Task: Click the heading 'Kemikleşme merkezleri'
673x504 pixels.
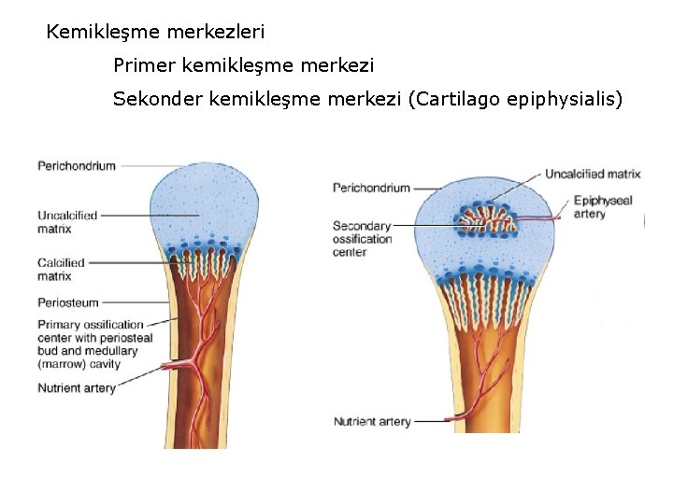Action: pos(155,33)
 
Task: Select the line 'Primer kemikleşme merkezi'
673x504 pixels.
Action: pos(243,66)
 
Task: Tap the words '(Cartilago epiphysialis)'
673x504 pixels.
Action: pos(515,99)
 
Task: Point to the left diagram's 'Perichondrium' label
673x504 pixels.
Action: pos(77,166)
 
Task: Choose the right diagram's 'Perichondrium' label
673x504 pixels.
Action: pos(371,188)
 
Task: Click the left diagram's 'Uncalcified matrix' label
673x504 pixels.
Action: pos(67,222)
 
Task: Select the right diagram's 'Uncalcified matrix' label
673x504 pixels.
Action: pos(593,174)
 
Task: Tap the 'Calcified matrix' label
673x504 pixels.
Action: pos(61,270)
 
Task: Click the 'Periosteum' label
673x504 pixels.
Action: pos(68,302)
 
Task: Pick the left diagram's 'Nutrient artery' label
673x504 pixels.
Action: pos(77,388)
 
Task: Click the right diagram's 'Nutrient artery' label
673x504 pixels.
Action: pos(372,422)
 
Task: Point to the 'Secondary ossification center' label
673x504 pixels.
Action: pos(363,238)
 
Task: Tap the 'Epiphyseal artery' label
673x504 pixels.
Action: pos(603,207)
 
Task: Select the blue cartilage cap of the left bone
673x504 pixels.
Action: pos(205,205)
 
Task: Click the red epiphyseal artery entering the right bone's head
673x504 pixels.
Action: pos(542,218)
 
